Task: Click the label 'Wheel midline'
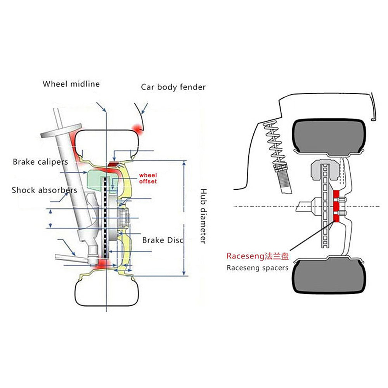coord(71,84)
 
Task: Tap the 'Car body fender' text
coord(173,87)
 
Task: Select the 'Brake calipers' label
coord(40,161)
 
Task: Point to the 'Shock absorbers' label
coord(44,190)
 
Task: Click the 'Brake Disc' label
coord(163,240)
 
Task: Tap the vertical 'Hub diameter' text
coord(203,216)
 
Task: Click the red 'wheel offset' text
coord(148,178)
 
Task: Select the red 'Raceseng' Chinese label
coord(258,256)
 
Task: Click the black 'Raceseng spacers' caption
coord(258,267)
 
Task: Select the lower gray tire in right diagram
coord(329,276)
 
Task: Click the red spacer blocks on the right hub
coord(336,206)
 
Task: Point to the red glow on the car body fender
coord(137,128)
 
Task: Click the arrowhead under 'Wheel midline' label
coord(104,110)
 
